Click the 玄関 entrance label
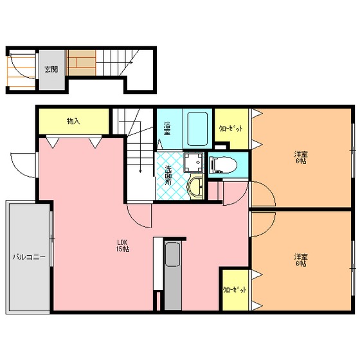[x=51, y=69]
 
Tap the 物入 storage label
[x=73, y=121]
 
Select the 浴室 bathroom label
[x=167, y=128]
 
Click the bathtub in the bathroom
[x=198, y=129]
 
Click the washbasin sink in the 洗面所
[x=195, y=186]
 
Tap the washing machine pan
[x=194, y=162]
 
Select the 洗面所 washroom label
[x=168, y=175]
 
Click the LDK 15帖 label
[x=123, y=246]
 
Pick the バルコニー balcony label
[x=29, y=256]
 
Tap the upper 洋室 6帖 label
[x=301, y=157]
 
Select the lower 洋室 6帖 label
[x=301, y=260]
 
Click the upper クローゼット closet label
[x=231, y=129]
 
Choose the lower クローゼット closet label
[x=235, y=290]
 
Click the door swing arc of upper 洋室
[x=269, y=189]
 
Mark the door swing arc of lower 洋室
[x=269, y=229]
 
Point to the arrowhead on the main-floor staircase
[x=140, y=171]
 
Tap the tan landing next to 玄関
[x=81, y=63]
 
